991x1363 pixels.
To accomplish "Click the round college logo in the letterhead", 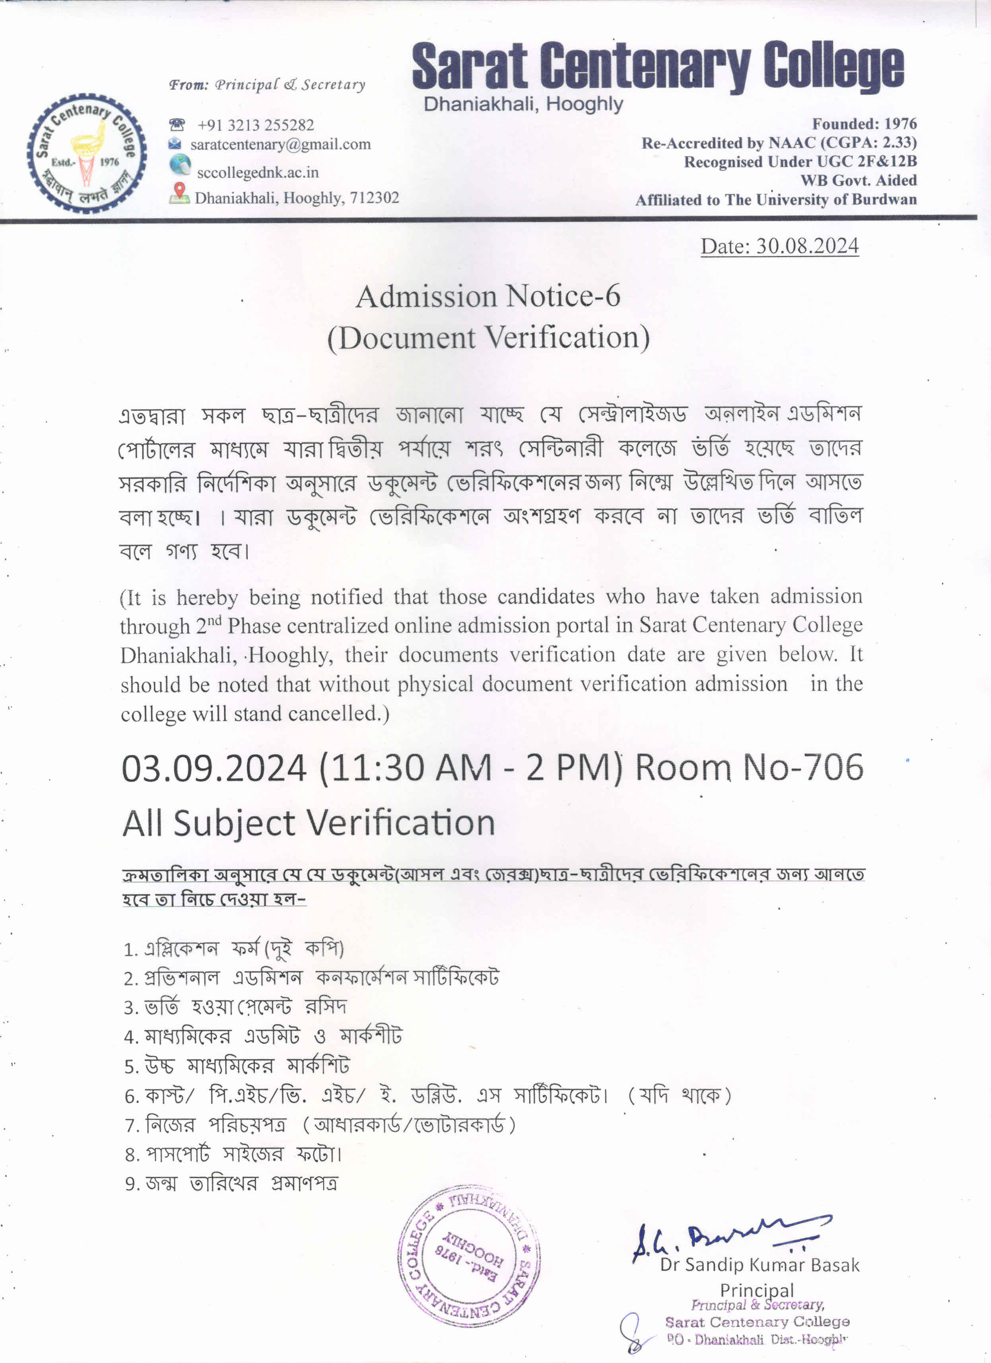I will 87,153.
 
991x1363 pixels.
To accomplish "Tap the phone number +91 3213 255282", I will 255,125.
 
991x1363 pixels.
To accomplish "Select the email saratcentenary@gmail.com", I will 280,144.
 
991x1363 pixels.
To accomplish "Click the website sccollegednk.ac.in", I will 257,173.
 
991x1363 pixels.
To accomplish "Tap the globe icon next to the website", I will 180,164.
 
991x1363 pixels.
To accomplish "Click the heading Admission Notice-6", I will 488,296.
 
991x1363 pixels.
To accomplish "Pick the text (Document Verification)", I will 488,337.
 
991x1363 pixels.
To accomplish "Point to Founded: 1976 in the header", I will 864,124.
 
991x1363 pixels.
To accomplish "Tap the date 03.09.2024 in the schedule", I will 214,769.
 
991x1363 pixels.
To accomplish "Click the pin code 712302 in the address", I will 374,198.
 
